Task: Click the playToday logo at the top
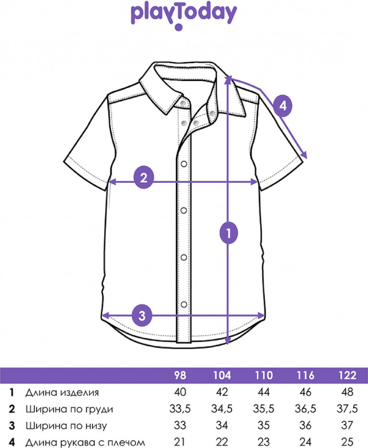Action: [184, 17]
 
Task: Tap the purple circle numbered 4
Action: [283, 106]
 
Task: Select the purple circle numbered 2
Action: [144, 178]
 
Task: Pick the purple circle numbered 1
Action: [228, 233]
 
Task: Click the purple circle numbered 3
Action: [142, 316]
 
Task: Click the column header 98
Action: [180, 375]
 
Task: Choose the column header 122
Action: [347, 375]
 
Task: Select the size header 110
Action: [263, 375]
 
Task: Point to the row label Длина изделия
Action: [62, 392]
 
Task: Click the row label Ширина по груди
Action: [69, 409]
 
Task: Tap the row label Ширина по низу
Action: [66, 426]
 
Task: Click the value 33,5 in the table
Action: [180, 409]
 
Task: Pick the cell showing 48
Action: [347, 392]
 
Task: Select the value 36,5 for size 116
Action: [305, 409]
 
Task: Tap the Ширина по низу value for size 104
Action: [222, 426]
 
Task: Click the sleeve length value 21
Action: [180, 442]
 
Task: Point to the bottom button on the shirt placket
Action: [184, 304]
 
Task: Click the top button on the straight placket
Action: [184, 164]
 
